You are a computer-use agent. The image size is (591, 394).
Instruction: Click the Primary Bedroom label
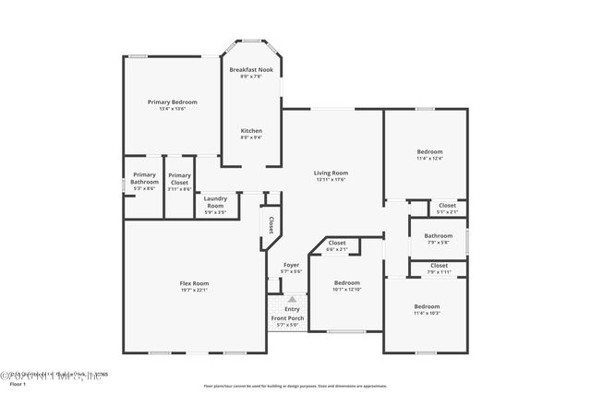(x=173, y=101)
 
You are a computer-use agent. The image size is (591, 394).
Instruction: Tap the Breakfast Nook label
(x=251, y=70)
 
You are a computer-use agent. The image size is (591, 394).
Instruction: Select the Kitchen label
(x=251, y=130)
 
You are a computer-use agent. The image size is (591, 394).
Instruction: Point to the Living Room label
(x=331, y=173)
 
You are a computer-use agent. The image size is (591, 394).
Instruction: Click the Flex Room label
(x=194, y=283)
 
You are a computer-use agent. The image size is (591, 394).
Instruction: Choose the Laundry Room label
(x=215, y=202)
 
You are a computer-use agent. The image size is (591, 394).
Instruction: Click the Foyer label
(x=291, y=265)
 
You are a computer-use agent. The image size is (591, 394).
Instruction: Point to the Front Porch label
(x=287, y=318)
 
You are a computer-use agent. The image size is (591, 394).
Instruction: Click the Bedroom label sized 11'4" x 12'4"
(x=429, y=151)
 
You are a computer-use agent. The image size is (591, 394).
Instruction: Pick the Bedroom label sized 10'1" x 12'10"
(x=346, y=282)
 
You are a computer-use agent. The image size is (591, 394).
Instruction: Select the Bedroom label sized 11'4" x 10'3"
(x=427, y=306)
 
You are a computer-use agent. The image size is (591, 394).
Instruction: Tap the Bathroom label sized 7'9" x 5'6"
(x=438, y=235)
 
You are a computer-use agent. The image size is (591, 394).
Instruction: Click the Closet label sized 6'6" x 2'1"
(x=337, y=243)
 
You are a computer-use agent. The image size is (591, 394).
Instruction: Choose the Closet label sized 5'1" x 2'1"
(x=447, y=205)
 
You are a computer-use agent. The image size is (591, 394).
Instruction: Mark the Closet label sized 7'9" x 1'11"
(x=439, y=266)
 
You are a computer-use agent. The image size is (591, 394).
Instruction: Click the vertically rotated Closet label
(x=271, y=223)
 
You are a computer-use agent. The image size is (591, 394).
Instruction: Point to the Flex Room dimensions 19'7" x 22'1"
(x=194, y=291)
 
